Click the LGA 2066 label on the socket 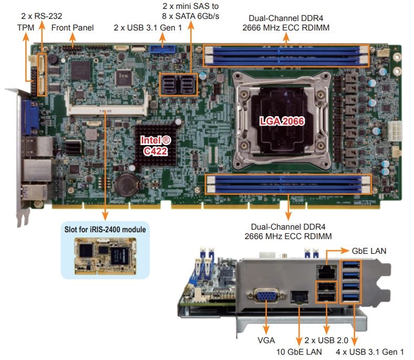[x=282, y=120]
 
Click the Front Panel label [x=73, y=27]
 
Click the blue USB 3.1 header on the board [x=162, y=51]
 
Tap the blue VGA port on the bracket [x=267, y=297]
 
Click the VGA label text [x=267, y=341]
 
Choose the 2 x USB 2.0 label [x=326, y=341]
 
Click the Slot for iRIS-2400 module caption [x=105, y=229]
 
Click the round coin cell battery [x=126, y=184]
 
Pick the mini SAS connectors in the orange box [x=178, y=84]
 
